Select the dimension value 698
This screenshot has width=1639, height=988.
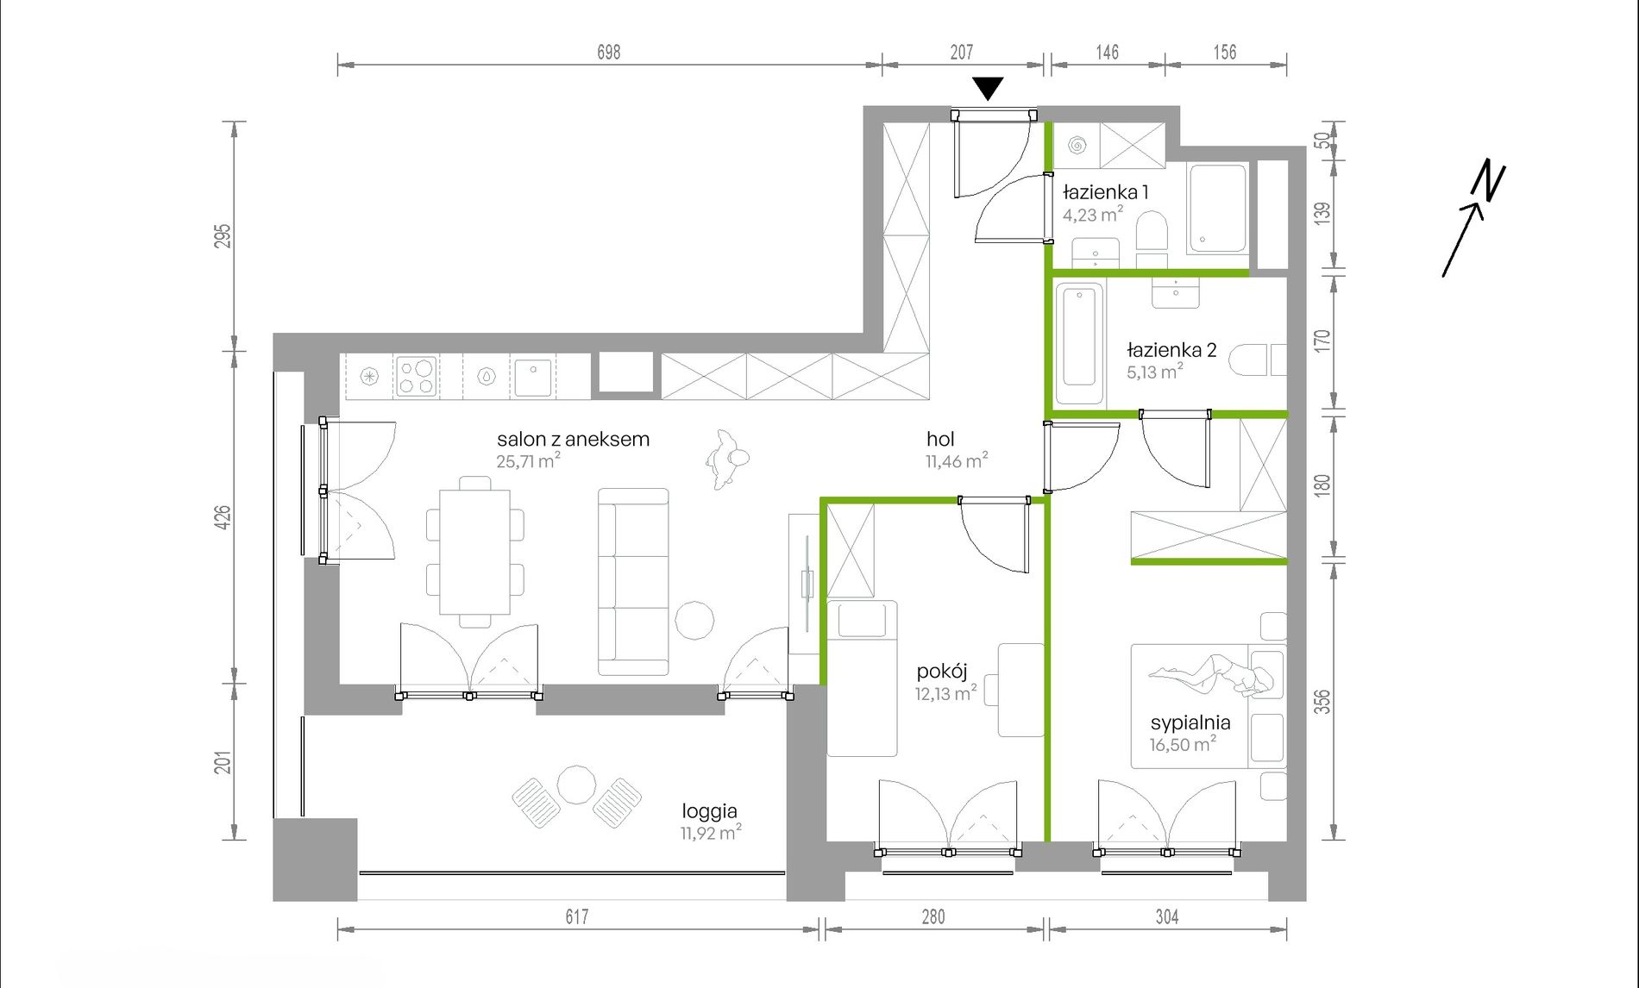pos(609,52)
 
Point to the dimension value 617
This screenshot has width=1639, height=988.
pos(577,916)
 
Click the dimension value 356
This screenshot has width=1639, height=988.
pos(1322,702)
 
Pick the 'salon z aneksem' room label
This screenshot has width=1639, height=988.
pos(573,439)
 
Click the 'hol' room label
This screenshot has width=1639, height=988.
pos(940,439)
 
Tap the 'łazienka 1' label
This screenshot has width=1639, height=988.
pos(1105,192)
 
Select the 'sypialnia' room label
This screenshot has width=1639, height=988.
pos(1190,722)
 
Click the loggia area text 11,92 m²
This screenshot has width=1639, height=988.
pos(711,833)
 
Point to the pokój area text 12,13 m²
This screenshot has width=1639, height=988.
pos(946,693)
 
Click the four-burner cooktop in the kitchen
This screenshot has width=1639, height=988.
pos(416,377)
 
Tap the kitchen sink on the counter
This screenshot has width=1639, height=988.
pos(533,378)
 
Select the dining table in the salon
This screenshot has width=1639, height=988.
pos(474,552)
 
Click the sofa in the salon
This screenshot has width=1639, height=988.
pos(633,581)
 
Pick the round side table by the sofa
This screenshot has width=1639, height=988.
pos(694,620)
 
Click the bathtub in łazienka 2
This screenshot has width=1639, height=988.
pos(1079,343)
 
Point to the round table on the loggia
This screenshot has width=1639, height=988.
pos(576,785)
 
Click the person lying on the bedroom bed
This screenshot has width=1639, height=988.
pos(1212,673)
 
